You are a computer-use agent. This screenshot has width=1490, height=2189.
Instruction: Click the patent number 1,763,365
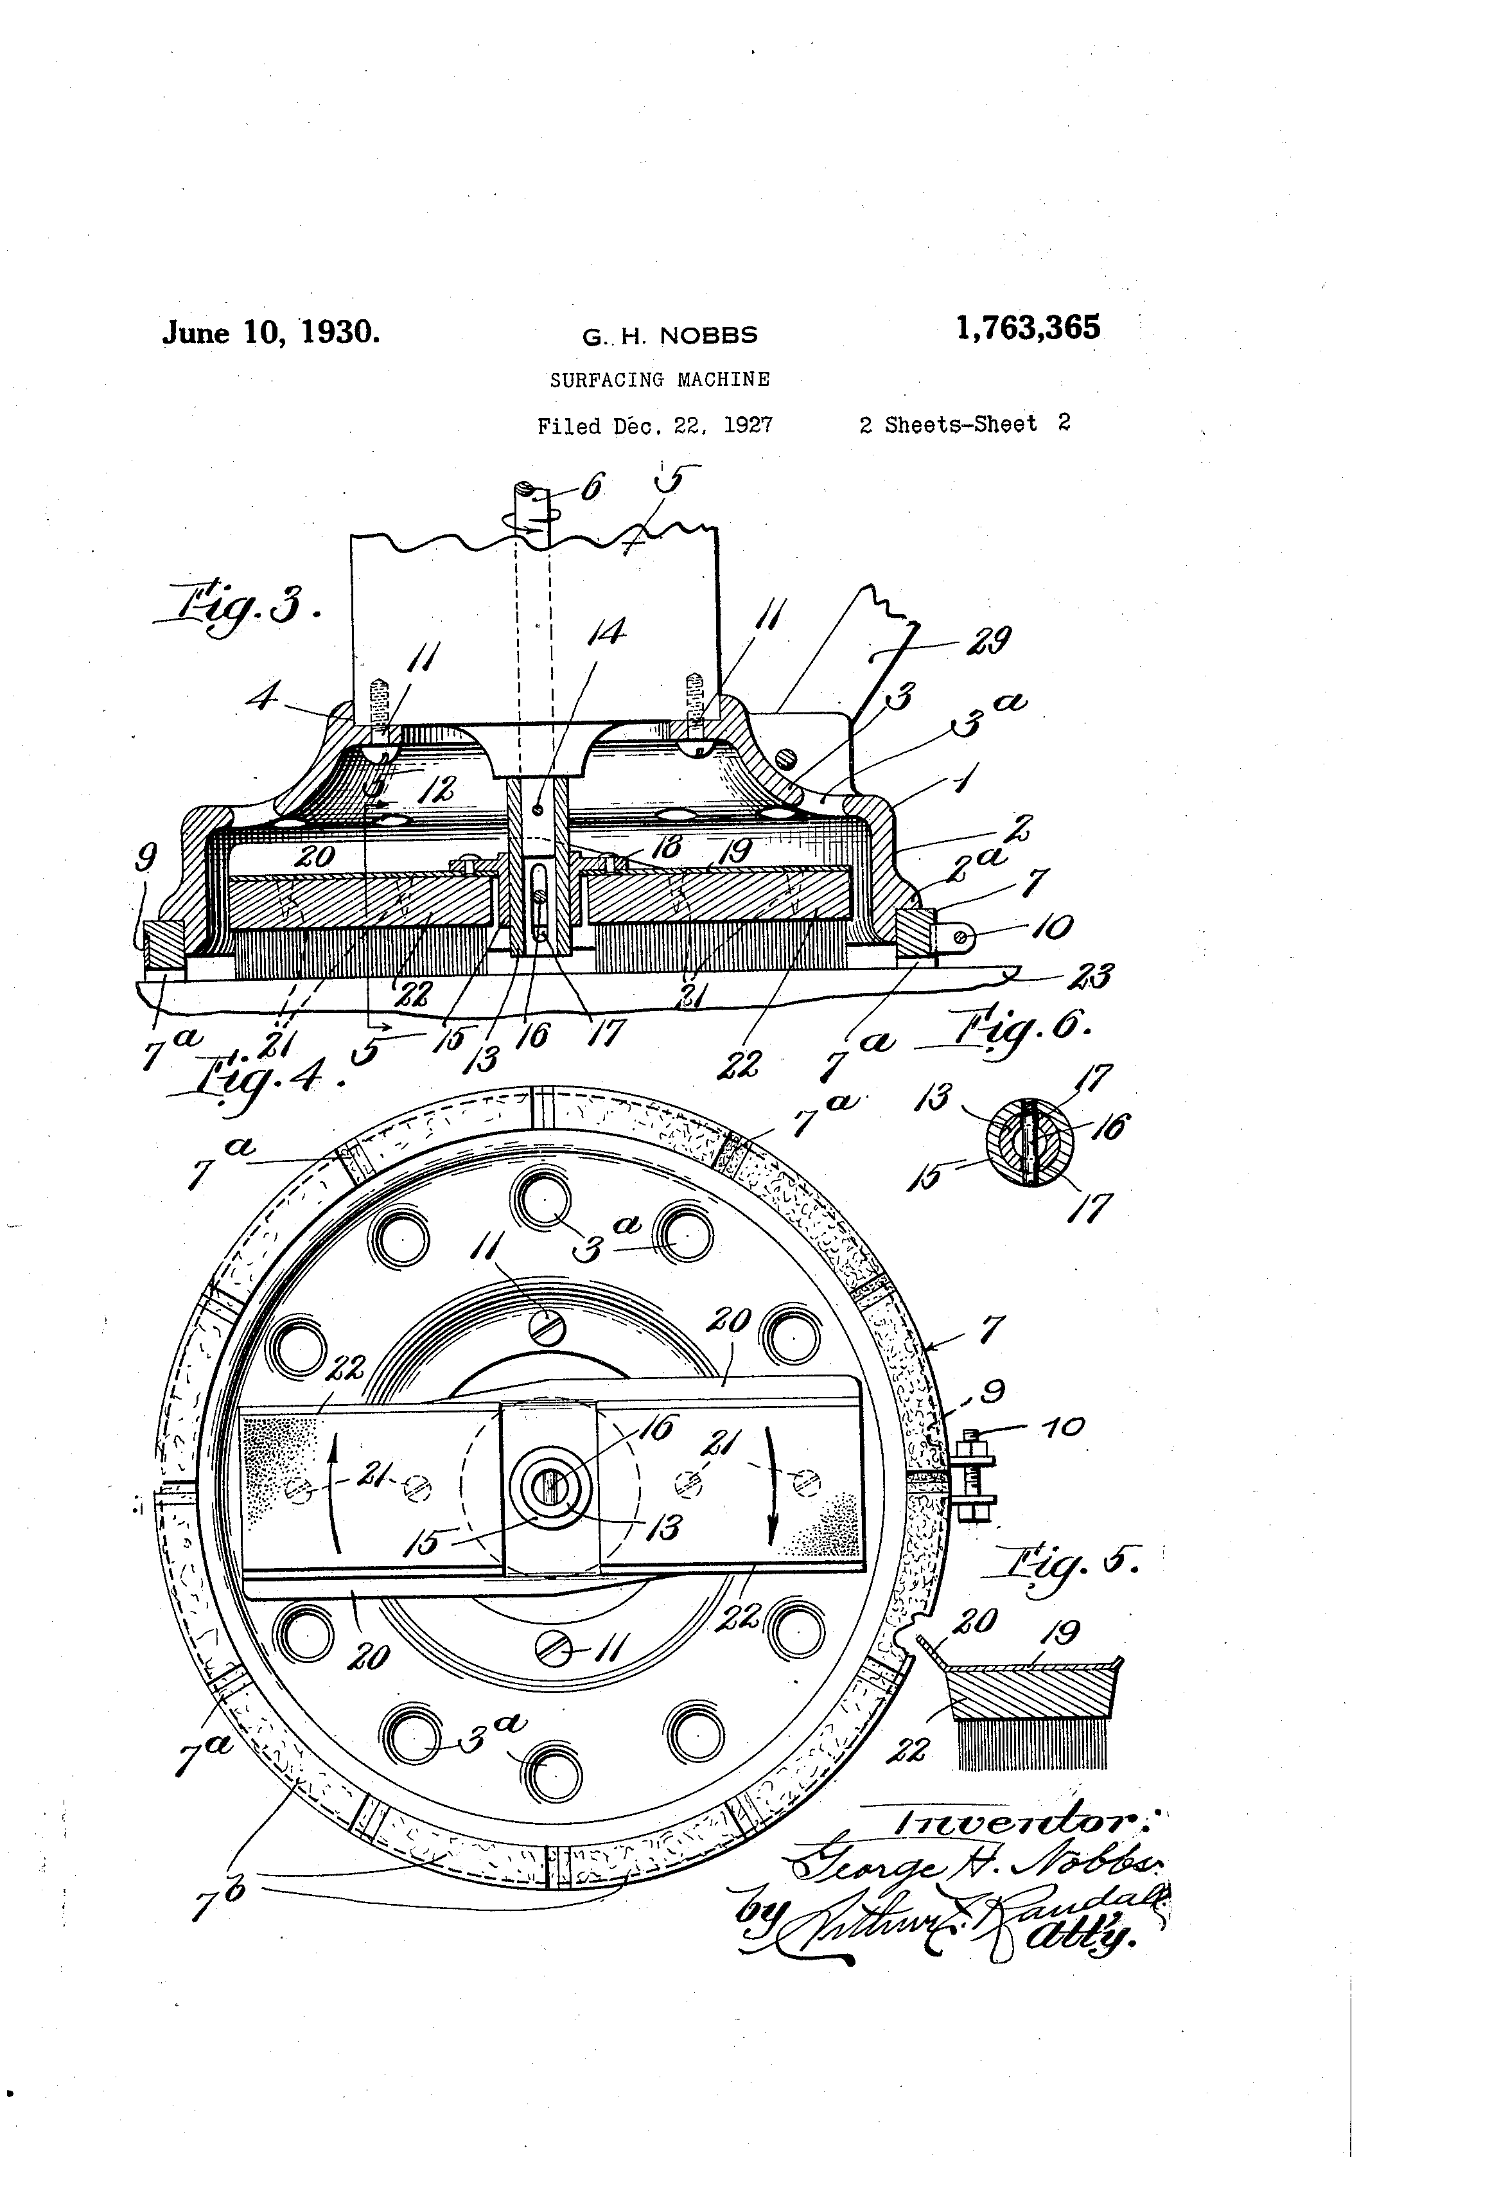(1028, 329)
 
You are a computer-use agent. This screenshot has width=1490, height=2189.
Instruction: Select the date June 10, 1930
(271, 333)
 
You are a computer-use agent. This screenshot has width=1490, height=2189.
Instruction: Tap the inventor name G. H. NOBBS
(670, 337)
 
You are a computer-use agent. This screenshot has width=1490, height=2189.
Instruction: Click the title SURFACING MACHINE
(660, 380)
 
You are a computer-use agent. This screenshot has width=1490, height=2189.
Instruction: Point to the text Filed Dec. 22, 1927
(654, 426)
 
